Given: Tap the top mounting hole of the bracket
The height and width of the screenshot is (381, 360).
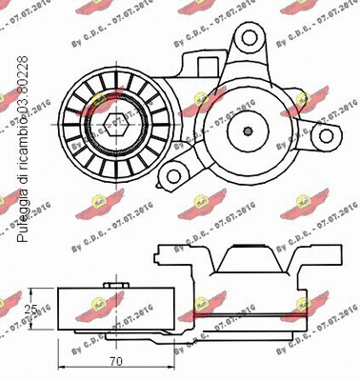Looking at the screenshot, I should (x=250, y=42).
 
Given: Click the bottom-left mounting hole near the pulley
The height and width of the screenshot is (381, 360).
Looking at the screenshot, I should (x=176, y=174).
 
